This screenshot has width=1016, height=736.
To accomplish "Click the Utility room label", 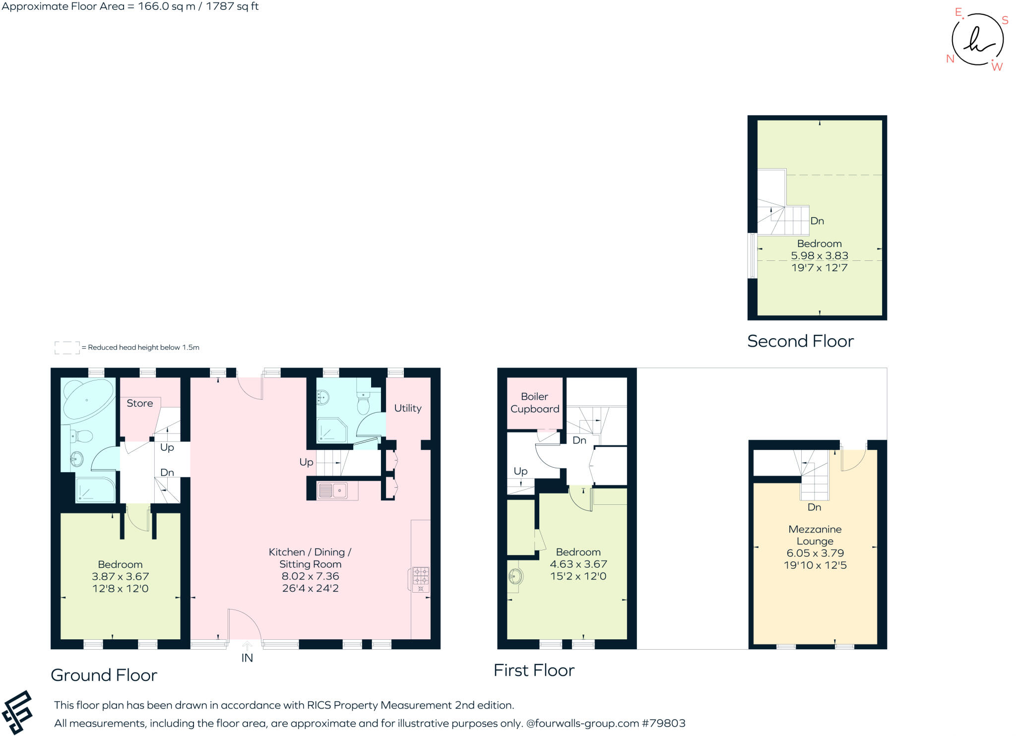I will [408, 408].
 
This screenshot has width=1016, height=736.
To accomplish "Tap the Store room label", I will [140, 403].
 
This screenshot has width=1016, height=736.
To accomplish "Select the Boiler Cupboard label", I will [535, 403].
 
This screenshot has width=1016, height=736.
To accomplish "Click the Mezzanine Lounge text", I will [815, 535].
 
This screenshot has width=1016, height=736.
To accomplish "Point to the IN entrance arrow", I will [247, 646].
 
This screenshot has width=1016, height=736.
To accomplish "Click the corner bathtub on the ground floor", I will [88, 400].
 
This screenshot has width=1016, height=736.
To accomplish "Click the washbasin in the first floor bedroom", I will [515, 576].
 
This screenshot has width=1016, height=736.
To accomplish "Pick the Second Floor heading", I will [800, 341].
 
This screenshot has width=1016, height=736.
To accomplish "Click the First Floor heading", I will [534, 671].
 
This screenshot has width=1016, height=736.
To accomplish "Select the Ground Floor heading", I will [104, 675].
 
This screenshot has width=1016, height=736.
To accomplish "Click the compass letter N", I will [950, 59].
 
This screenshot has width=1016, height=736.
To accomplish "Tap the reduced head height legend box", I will [67, 348].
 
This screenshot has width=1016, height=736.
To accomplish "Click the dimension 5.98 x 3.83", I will [819, 256].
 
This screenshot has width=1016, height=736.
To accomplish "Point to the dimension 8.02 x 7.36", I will [310, 576].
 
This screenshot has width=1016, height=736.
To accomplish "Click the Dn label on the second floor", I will [817, 221].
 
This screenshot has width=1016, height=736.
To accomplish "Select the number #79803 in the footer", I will [663, 723].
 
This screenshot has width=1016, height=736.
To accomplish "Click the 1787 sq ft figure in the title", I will [232, 6].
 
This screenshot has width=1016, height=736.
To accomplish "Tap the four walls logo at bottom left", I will [17, 712].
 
